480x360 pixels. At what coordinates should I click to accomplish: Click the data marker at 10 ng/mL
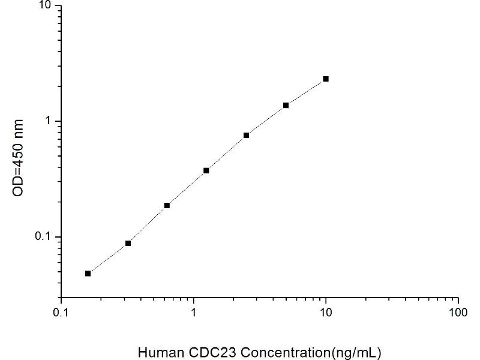click(326, 79)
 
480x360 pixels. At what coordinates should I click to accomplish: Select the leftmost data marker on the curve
click(88, 274)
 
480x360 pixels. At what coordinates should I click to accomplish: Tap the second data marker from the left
click(128, 243)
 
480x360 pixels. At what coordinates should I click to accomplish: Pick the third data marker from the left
click(167, 205)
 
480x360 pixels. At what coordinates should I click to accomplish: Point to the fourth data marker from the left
click(206, 170)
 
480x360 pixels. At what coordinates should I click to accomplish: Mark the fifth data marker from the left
click(246, 135)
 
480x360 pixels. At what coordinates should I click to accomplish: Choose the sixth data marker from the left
click(286, 105)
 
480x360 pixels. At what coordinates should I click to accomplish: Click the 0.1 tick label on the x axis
click(61, 313)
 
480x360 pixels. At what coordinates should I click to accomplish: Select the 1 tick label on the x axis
click(193, 313)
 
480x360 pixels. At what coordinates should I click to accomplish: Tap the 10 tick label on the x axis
click(326, 313)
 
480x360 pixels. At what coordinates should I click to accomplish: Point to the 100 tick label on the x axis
click(458, 313)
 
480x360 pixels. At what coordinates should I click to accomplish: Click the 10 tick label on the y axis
click(45, 6)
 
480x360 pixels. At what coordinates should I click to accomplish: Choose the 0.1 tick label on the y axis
click(44, 237)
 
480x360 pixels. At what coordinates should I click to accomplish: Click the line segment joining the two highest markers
click(306, 91)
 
